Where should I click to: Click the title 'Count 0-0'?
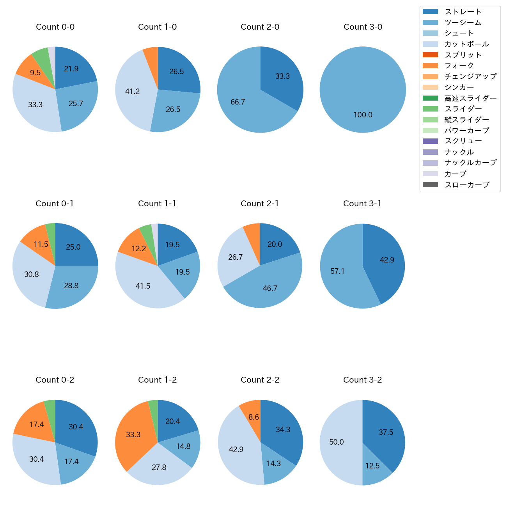pyautogui.click(x=55, y=27)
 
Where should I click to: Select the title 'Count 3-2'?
pyautogui.click(x=362, y=380)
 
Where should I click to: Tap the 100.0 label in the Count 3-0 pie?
pyautogui.click(x=363, y=115)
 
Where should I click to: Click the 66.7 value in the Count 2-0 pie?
pyautogui.click(x=238, y=102)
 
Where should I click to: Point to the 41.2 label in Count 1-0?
pyautogui.click(x=132, y=91)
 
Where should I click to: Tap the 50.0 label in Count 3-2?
pyautogui.click(x=336, y=442)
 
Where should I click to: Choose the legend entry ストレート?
pyautogui.click(x=463, y=12)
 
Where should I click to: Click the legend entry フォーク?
pyautogui.click(x=459, y=66)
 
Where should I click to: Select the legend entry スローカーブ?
pyautogui.click(x=467, y=185)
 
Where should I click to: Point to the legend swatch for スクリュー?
pyautogui.click(x=430, y=141)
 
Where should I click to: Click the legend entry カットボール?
pyautogui.click(x=466, y=44)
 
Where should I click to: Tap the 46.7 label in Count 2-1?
pyautogui.click(x=270, y=288)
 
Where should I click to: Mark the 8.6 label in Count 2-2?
pyautogui.click(x=253, y=417)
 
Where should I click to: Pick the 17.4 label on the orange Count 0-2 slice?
pyautogui.click(x=36, y=424)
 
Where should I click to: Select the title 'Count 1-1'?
pyautogui.click(x=157, y=204)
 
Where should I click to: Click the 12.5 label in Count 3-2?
pyautogui.click(x=372, y=466)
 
